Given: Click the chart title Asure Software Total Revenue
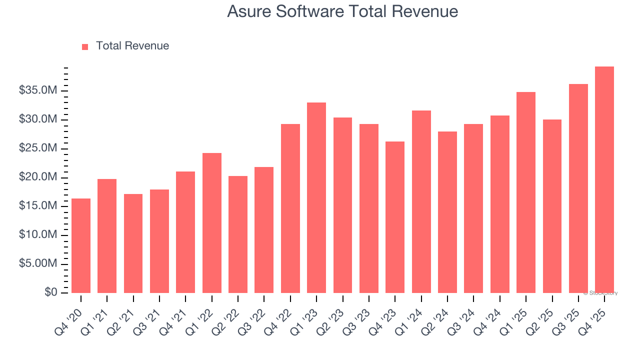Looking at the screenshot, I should coord(342,11).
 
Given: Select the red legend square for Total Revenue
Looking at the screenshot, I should coord(85,46).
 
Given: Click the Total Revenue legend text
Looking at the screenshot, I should coord(132,46).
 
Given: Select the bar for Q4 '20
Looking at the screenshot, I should coord(81,245).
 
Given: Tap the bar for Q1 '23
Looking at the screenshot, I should coord(316,197).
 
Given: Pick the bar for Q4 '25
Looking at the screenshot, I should coord(604,179).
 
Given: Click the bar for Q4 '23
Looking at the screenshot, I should coord(395,217).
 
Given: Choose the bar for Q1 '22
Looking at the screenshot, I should coord(212,222).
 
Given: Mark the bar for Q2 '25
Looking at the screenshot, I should coord(552,206).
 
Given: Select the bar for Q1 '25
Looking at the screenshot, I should coord(526,192).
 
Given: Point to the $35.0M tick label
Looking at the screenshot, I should coord(38,90).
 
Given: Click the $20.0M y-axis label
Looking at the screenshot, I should coord(38,177).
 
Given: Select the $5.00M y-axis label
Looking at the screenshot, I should coord(38,264).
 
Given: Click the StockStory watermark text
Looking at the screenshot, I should coord(600,293).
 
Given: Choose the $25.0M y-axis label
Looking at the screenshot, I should coord(38,148).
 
